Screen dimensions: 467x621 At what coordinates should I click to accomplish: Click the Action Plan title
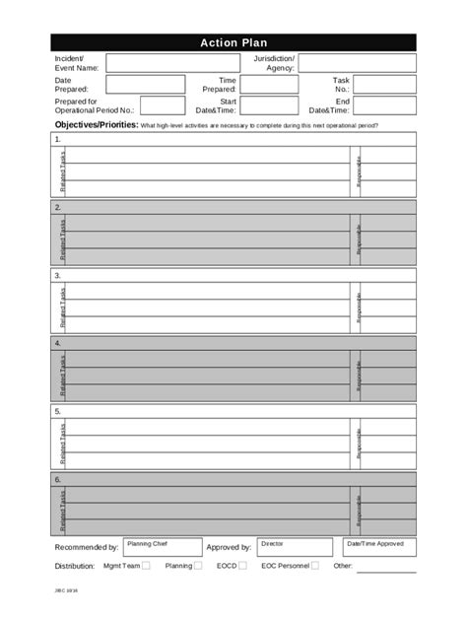[233, 42]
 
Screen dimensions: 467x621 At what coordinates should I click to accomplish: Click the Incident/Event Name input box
[173, 63]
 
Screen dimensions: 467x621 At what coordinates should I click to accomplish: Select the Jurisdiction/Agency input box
[357, 63]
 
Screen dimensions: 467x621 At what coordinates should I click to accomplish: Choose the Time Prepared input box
[269, 85]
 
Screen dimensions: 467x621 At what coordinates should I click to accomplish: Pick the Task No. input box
[384, 85]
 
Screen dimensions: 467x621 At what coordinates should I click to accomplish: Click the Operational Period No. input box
[163, 105]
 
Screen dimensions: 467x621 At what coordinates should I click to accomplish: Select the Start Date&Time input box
[269, 105]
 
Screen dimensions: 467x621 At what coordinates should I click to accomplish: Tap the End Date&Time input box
[384, 105]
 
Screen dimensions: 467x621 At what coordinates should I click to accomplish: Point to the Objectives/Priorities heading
[96, 126]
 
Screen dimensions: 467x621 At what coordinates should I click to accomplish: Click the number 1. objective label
[58, 139]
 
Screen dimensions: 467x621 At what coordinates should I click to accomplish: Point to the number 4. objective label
[58, 342]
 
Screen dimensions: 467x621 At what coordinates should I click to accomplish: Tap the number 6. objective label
[58, 478]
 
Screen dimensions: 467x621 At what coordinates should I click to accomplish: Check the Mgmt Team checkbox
[146, 566]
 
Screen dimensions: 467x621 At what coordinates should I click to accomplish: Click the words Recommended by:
[87, 547]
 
